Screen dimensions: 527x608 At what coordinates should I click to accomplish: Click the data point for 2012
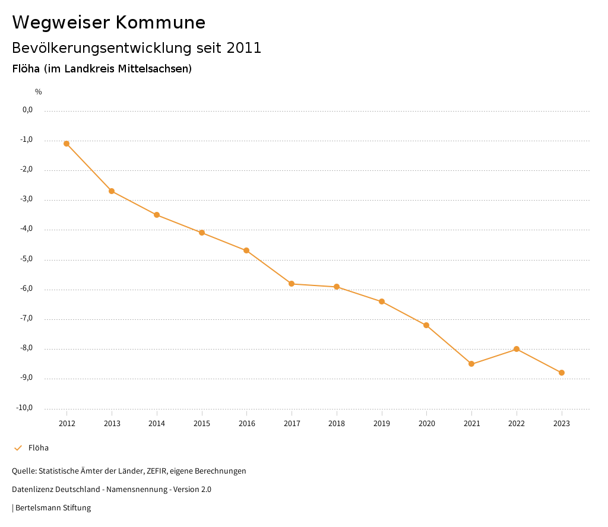tap(66, 144)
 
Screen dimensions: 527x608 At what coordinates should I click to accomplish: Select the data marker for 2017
tap(292, 284)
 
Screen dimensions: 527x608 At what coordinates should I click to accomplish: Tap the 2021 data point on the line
tap(471, 364)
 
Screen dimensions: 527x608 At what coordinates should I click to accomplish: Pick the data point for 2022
tap(517, 349)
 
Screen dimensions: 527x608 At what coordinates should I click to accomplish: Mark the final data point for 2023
tap(562, 373)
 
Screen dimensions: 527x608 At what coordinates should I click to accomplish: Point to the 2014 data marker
tap(157, 215)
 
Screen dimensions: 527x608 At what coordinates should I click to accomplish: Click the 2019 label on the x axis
tap(382, 423)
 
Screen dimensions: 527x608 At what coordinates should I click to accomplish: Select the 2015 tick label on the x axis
tap(202, 423)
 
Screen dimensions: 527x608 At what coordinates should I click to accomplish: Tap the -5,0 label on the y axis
tap(27, 259)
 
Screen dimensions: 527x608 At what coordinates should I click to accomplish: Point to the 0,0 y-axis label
tap(27, 110)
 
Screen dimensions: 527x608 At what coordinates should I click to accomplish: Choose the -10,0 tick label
tap(26, 408)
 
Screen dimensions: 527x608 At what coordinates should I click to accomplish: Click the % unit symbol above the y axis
tap(39, 91)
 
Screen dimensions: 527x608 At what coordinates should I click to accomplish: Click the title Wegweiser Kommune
tap(109, 23)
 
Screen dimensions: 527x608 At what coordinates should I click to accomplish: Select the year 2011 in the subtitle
tap(245, 48)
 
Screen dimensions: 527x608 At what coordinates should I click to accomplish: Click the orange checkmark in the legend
tap(18, 448)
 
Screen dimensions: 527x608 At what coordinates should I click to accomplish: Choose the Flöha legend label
tap(39, 448)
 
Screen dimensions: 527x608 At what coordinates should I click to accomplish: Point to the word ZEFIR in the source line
tap(156, 471)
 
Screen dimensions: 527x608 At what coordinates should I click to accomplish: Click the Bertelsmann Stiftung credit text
tap(53, 507)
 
